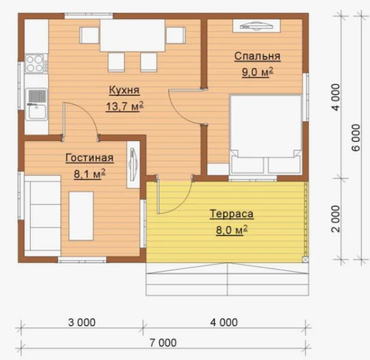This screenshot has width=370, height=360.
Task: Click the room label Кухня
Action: (x=125, y=91)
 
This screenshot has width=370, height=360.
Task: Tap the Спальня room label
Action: (x=258, y=56)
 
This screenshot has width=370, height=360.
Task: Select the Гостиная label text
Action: (x=89, y=158)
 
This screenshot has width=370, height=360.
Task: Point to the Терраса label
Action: (x=232, y=214)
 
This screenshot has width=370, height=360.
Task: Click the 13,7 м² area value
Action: (x=125, y=106)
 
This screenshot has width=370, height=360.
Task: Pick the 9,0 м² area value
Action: (x=258, y=72)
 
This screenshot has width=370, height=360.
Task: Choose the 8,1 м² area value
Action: (x=90, y=174)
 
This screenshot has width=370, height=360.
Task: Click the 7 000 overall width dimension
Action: (x=163, y=343)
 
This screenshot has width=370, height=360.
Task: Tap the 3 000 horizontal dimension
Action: (x=82, y=323)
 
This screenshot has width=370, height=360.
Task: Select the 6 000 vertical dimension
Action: (x=356, y=137)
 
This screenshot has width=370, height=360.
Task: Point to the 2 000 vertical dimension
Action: (x=336, y=218)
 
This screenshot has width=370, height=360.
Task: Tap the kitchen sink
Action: (x=37, y=104)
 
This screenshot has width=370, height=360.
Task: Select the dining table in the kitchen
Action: (x=132, y=35)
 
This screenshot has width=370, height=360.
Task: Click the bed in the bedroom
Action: (x=266, y=135)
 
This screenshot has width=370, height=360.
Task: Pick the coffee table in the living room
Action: (x=81, y=216)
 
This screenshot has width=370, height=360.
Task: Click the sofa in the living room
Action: (x=43, y=216)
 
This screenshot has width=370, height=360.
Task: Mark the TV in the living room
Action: (x=133, y=165)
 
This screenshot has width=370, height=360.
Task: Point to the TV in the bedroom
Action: (x=256, y=26)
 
